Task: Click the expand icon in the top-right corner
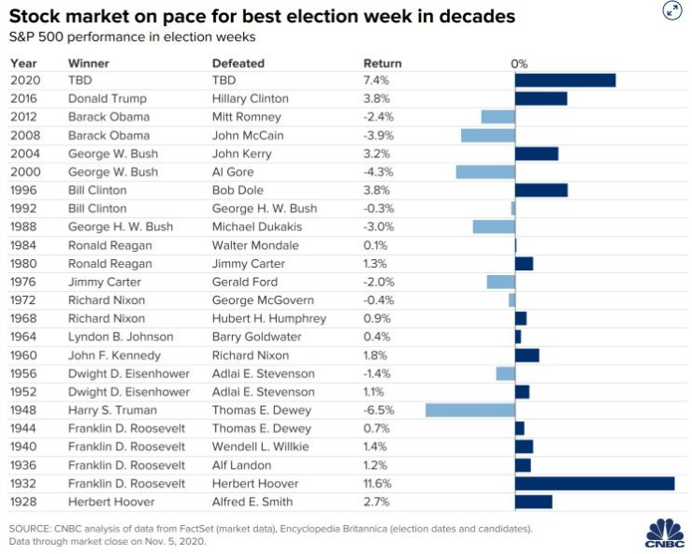click(671, 10)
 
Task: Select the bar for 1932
click(595, 483)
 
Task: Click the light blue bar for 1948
click(470, 410)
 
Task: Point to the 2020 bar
click(565, 80)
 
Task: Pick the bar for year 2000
click(485, 172)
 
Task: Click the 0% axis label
click(520, 63)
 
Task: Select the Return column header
click(382, 63)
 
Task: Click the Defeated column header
click(238, 63)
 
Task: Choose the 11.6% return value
click(381, 483)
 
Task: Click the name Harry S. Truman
click(112, 410)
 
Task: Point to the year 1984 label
click(25, 245)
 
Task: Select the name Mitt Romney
click(247, 117)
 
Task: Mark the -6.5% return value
click(379, 410)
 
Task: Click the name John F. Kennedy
click(114, 356)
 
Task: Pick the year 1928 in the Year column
click(25, 502)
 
